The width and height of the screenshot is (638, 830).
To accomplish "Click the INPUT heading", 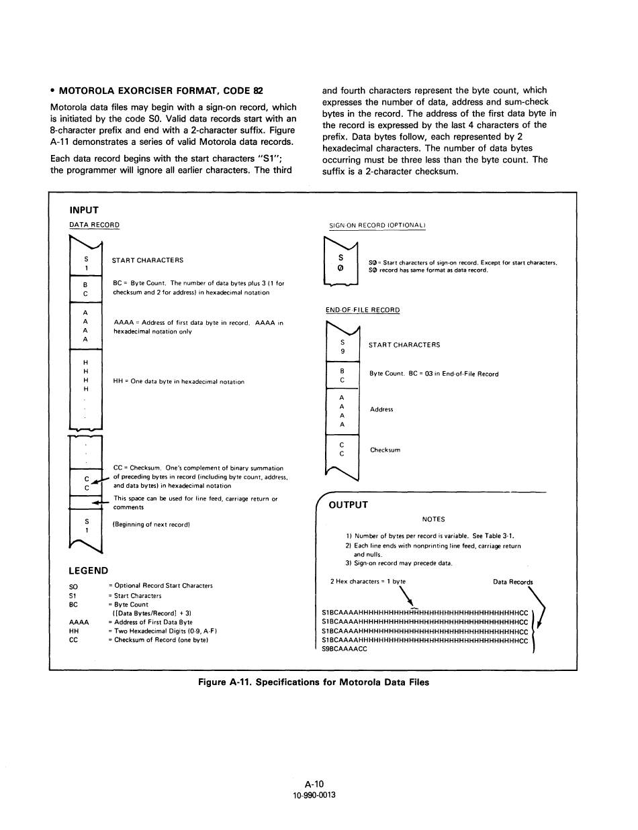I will [84, 210].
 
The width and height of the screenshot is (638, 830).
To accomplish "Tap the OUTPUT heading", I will [348, 505].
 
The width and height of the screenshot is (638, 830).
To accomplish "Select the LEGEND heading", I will [88, 570].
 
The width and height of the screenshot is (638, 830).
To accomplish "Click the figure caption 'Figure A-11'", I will [313, 682].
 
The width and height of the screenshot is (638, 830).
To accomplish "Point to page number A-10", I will [314, 784].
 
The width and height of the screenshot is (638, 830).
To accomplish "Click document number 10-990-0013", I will [314, 795].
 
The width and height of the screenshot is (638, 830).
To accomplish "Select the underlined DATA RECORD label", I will [94, 225].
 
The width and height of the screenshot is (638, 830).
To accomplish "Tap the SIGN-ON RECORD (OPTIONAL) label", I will [377, 225].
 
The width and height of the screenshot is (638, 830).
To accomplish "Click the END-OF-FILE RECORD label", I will [363, 310].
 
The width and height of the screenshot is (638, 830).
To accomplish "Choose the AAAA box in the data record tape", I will [85, 326].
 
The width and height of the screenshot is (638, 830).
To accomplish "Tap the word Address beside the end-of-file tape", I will [381, 409].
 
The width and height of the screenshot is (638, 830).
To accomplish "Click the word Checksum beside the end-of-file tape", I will [385, 450].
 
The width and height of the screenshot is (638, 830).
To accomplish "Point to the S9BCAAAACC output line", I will [345, 649].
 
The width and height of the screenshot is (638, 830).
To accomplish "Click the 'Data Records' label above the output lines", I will [512, 582].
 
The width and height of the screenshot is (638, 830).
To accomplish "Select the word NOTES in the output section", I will [433, 519].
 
